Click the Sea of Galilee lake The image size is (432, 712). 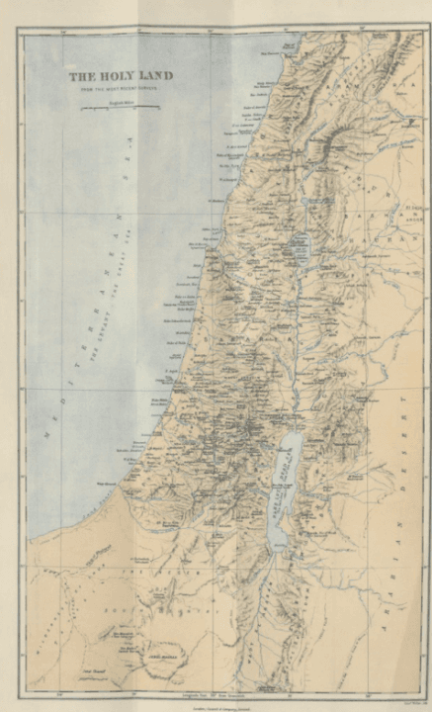[302, 244]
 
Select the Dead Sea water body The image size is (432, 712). [285, 485]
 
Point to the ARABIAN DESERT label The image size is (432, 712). [404, 465]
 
